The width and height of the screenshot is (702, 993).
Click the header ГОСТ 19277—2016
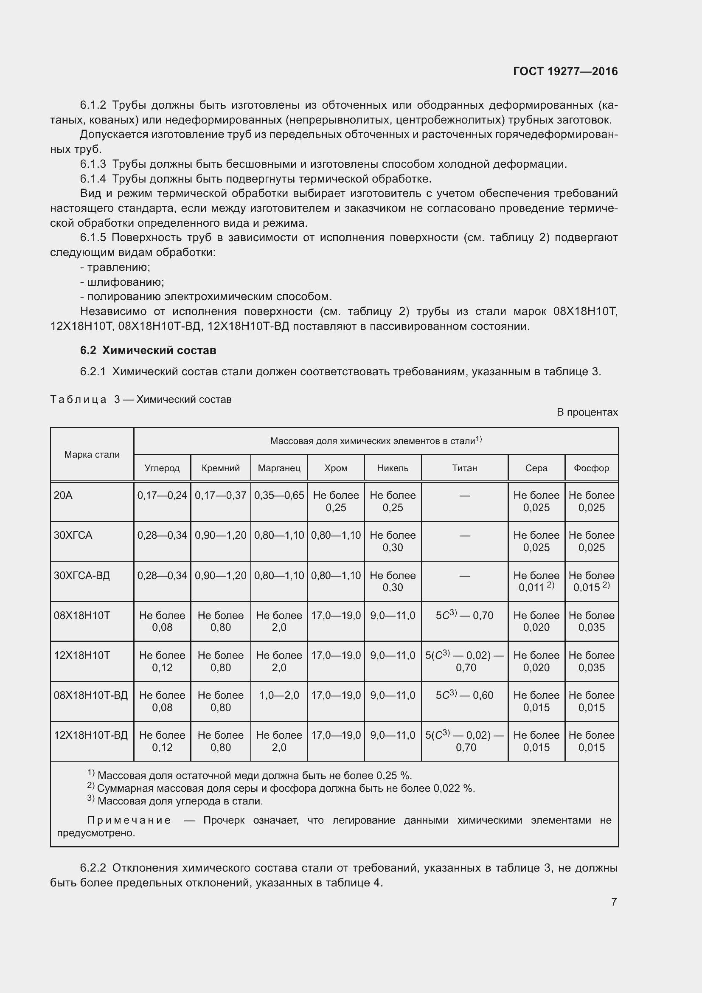point(565,71)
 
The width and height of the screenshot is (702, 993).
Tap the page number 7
point(613,901)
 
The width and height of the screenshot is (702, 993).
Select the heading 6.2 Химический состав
point(148,350)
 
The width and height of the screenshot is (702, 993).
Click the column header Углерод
point(162,468)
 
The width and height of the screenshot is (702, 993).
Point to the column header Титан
point(464,468)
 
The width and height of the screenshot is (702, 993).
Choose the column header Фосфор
point(591,468)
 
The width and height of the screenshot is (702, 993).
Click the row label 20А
point(63,495)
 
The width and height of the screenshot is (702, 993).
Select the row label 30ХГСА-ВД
point(81,576)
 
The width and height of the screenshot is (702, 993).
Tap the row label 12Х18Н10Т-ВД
point(91,735)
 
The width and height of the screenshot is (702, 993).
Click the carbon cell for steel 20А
point(162,495)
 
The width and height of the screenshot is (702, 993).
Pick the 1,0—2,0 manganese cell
point(279,695)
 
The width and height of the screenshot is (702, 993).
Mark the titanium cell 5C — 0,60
point(464,695)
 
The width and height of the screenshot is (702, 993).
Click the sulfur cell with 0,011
point(536,582)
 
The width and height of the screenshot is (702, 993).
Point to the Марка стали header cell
point(92,455)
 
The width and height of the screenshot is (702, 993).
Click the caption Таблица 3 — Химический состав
point(141,399)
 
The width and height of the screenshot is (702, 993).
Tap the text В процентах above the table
point(587,412)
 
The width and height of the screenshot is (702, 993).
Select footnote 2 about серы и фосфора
point(281,788)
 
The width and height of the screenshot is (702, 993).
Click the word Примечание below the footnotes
point(129,821)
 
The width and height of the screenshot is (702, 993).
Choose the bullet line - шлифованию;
point(122,282)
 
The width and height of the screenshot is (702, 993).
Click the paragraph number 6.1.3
point(93,164)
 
